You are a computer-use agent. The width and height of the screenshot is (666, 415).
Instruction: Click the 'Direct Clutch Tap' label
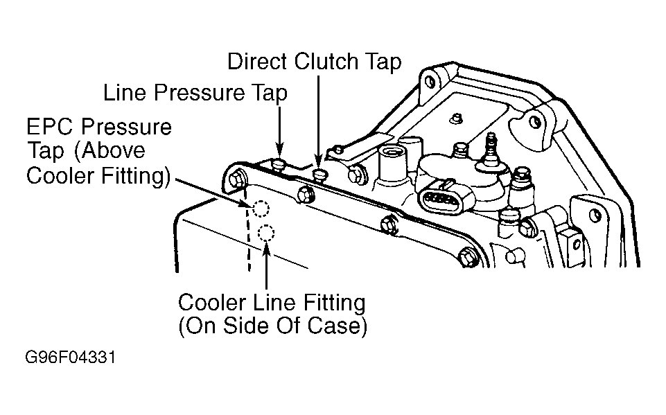click(314, 62)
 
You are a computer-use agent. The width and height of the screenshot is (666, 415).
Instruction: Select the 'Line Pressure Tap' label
click(195, 93)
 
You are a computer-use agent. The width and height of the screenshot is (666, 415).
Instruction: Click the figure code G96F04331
click(70, 357)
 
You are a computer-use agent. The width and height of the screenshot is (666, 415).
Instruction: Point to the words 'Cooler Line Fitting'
click(272, 303)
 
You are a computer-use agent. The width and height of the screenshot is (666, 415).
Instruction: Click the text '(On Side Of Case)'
click(272, 326)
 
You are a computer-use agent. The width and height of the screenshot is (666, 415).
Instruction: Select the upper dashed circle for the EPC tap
click(261, 208)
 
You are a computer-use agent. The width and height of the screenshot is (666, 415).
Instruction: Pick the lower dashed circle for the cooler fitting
click(266, 233)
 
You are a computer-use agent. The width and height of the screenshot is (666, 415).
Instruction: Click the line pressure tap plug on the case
click(279, 164)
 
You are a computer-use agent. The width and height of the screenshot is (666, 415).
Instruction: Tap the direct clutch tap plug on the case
click(319, 174)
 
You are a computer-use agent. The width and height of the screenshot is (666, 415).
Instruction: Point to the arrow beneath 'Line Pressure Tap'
click(279, 132)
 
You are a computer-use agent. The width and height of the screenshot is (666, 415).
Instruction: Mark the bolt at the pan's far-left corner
click(236, 179)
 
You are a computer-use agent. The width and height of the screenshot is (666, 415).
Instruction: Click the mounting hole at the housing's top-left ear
click(430, 80)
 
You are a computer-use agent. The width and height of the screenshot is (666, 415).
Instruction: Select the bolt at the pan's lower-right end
click(469, 257)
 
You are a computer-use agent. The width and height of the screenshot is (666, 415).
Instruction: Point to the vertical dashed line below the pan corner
click(247, 229)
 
